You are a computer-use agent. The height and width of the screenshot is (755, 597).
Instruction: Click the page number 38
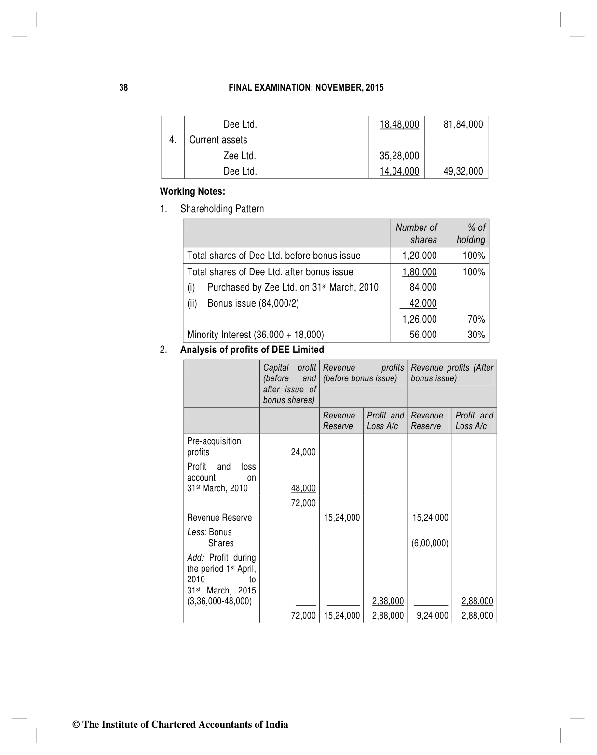123,88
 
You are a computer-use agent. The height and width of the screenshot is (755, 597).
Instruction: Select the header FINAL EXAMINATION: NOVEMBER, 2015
306,88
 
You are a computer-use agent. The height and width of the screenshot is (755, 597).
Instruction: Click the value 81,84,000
463,124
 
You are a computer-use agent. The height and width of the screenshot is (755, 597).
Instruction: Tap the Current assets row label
218,140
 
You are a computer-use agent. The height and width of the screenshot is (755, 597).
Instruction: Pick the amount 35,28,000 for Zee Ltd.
399,156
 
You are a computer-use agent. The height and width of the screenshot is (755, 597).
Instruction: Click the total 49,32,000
463,171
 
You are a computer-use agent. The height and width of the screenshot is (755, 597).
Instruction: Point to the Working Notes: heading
192,191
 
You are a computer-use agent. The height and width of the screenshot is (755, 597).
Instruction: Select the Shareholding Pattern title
222,209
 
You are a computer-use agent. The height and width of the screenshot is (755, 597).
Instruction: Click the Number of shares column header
416,233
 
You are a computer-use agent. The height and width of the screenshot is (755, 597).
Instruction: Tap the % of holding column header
471,233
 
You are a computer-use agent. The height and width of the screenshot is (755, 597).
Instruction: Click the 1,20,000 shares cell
419,256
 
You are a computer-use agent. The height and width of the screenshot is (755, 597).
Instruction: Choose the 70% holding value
476,319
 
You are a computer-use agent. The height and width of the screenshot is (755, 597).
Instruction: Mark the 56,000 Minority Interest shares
423,335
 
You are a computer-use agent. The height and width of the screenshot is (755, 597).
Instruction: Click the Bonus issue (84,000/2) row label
253,303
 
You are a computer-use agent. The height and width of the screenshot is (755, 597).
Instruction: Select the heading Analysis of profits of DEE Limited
252,350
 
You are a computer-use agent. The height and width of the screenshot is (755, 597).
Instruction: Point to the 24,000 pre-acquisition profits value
303,452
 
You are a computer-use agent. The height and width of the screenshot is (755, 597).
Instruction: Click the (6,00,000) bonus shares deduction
430,543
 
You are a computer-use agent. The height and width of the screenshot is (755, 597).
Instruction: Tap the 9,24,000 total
432,616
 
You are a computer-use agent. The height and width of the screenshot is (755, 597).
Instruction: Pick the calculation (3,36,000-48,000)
219,601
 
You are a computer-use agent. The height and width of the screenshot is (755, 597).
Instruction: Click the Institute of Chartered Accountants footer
180,724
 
